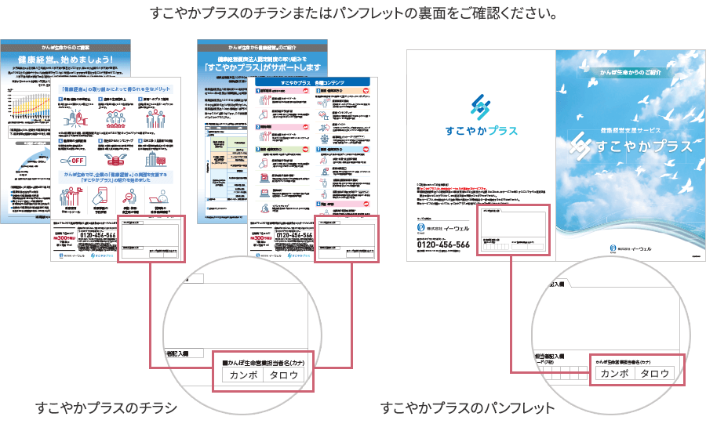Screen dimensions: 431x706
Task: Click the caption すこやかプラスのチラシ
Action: [105, 408]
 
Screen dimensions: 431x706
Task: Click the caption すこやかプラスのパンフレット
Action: [468, 408]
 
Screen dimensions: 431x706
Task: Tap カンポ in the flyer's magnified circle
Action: [242, 375]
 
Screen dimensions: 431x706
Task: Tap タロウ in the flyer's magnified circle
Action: [284, 375]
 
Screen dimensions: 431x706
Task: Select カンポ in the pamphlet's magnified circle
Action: [614, 374]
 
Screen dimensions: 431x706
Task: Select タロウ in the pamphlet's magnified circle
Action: [655, 374]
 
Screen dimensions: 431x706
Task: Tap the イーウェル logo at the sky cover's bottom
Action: [632, 248]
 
